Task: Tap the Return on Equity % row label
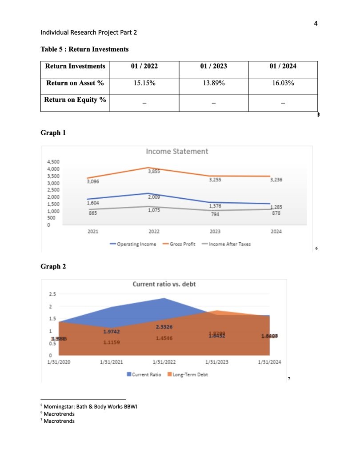tap(75, 100)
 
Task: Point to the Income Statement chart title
tap(177, 152)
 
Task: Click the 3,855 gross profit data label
tap(154, 172)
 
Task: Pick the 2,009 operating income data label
tap(154, 196)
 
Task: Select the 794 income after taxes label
tap(215, 214)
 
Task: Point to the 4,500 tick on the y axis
tap(52, 162)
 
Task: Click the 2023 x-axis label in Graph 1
tap(215, 232)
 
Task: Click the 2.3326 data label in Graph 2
tap(164, 327)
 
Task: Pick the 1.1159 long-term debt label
tap(111, 343)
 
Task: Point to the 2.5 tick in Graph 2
tap(52, 294)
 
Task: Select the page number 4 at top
tap(316, 24)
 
